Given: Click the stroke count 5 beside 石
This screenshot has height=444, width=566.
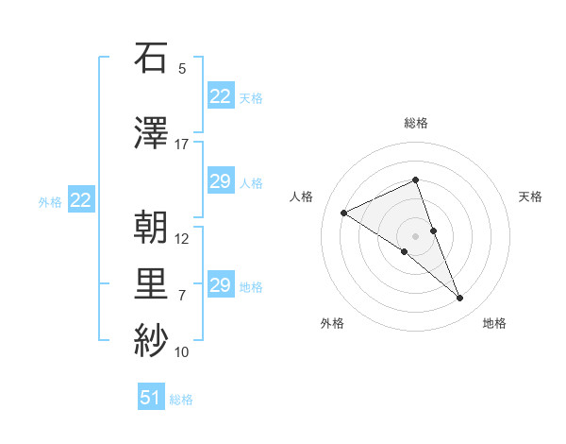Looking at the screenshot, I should coord(182,69).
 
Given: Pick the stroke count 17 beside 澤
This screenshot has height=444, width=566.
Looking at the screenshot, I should coord(182,145).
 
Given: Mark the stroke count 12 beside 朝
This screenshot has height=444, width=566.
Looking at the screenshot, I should coord(182,239).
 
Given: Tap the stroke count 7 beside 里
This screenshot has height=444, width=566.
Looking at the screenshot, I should coord(182,296).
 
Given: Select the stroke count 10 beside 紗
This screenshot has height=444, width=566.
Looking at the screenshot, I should coord(182,352).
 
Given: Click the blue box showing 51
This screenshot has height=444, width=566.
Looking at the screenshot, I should coord(151,398).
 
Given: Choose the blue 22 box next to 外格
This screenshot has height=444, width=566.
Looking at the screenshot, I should coord(81,199).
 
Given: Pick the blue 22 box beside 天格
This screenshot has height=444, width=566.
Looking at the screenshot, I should coord(221,96).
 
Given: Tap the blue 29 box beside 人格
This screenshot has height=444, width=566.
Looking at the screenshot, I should coord(221,181).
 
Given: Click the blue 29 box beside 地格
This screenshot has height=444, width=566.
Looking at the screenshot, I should coord(221,285).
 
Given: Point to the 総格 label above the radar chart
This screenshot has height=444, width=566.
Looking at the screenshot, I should coord(416,123).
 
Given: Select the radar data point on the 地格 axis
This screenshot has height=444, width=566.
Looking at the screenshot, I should coord(460,299).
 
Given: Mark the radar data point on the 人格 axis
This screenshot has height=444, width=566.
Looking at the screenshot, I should coord(343,213).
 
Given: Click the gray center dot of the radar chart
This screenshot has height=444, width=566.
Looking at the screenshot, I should coord(416,235).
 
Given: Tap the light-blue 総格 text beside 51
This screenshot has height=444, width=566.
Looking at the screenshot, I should coord(181,400).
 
